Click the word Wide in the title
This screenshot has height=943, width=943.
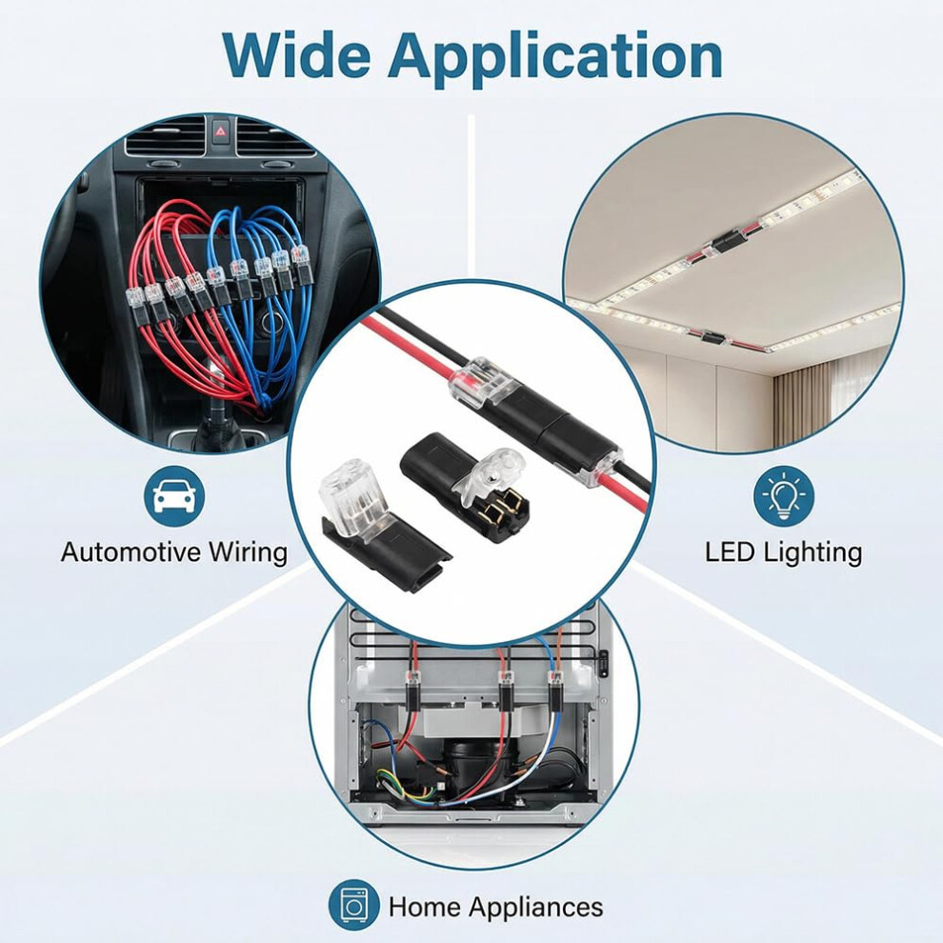[296, 55]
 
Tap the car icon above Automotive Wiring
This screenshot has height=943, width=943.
[173, 496]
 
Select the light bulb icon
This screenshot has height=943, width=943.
[784, 496]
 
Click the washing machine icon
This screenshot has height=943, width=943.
[353, 905]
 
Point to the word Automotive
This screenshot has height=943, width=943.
[131, 552]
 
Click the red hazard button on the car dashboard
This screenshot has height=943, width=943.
[220, 130]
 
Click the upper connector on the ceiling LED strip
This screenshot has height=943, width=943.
[729, 244]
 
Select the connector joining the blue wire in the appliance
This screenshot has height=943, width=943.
[555, 692]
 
